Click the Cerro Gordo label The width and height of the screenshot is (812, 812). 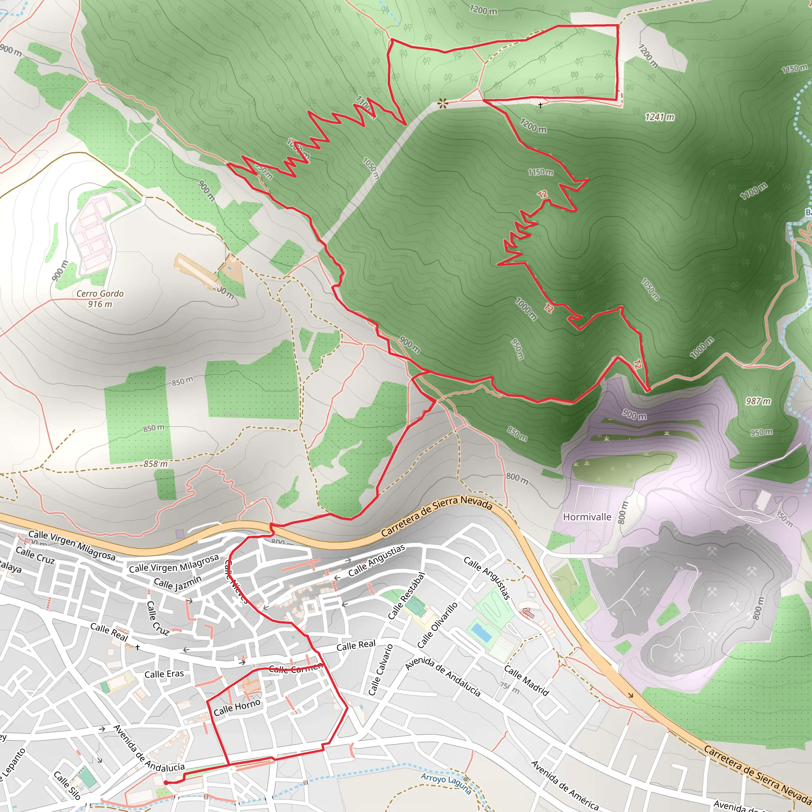pos(100,293)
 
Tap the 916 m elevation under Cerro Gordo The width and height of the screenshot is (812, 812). pos(100,304)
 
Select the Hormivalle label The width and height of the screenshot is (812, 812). pos(587,517)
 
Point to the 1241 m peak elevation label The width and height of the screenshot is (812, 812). pos(659,117)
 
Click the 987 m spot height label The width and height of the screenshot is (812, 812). pos(758,401)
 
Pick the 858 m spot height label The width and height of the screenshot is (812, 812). pos(155,463)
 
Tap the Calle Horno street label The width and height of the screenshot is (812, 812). pos(237,707)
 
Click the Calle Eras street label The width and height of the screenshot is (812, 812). pos(164,674)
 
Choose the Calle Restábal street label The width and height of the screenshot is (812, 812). pos(406,596)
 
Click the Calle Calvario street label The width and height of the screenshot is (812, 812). pos(380,670)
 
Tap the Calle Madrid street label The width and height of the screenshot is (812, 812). pos(526,680)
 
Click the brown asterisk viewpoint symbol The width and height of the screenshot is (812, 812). pos(442,103)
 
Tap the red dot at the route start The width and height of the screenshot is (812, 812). pos(166,783)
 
